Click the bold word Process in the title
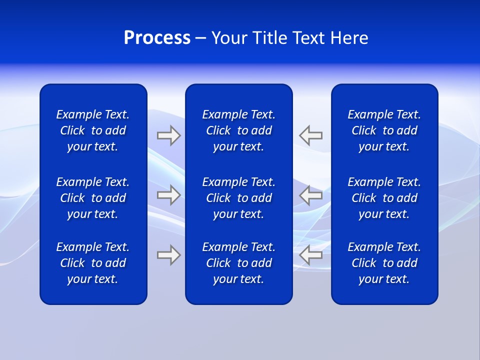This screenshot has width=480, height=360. coord(157,38)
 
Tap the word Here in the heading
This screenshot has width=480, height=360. coord(348,38)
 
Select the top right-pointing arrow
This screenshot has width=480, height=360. coord(168,135)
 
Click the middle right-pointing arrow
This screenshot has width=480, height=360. coord(168,195)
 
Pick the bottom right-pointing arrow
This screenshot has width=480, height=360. coord(168,255)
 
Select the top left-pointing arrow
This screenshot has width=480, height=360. coord(311,135)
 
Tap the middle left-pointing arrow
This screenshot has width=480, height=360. coord(311,195)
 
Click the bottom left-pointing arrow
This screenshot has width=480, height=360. coord(311,255)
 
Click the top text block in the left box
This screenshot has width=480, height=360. coord(93,130)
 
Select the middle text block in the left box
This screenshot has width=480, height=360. coord(93,198)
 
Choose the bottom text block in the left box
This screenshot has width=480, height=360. coord(93,263)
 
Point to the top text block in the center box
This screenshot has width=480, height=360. coord(238,130)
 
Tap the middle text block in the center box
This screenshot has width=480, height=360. coord(238,198)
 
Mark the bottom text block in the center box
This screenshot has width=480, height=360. coord(238,263)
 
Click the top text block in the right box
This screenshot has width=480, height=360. coord(384,130)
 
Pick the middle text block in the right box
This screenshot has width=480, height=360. coord(384,198)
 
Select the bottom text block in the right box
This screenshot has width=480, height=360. coord(384,263)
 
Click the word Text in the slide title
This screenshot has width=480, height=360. coord(309,38)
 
